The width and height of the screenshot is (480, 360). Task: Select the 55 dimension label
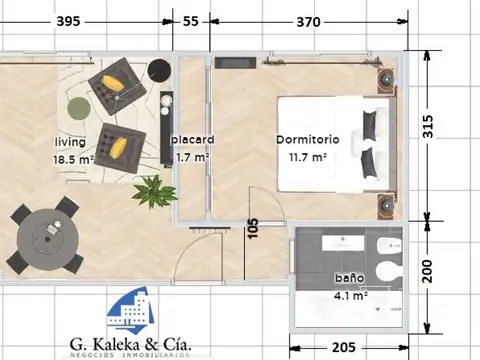(191, 21)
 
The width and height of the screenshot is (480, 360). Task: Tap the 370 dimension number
(308, 21)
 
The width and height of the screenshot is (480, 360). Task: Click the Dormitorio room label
(308, 140)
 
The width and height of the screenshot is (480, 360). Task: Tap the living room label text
(70, 142)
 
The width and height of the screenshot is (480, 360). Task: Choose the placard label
(192, 140)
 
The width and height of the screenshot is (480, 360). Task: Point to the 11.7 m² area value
(308, 157)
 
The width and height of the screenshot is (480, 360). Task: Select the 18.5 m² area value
(73, 158)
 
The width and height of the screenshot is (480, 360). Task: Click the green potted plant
(152, 188)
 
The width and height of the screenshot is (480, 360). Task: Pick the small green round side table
(78, 107)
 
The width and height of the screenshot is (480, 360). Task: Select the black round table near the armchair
(158, 69)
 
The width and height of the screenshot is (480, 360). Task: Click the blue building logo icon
(132, 310)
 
